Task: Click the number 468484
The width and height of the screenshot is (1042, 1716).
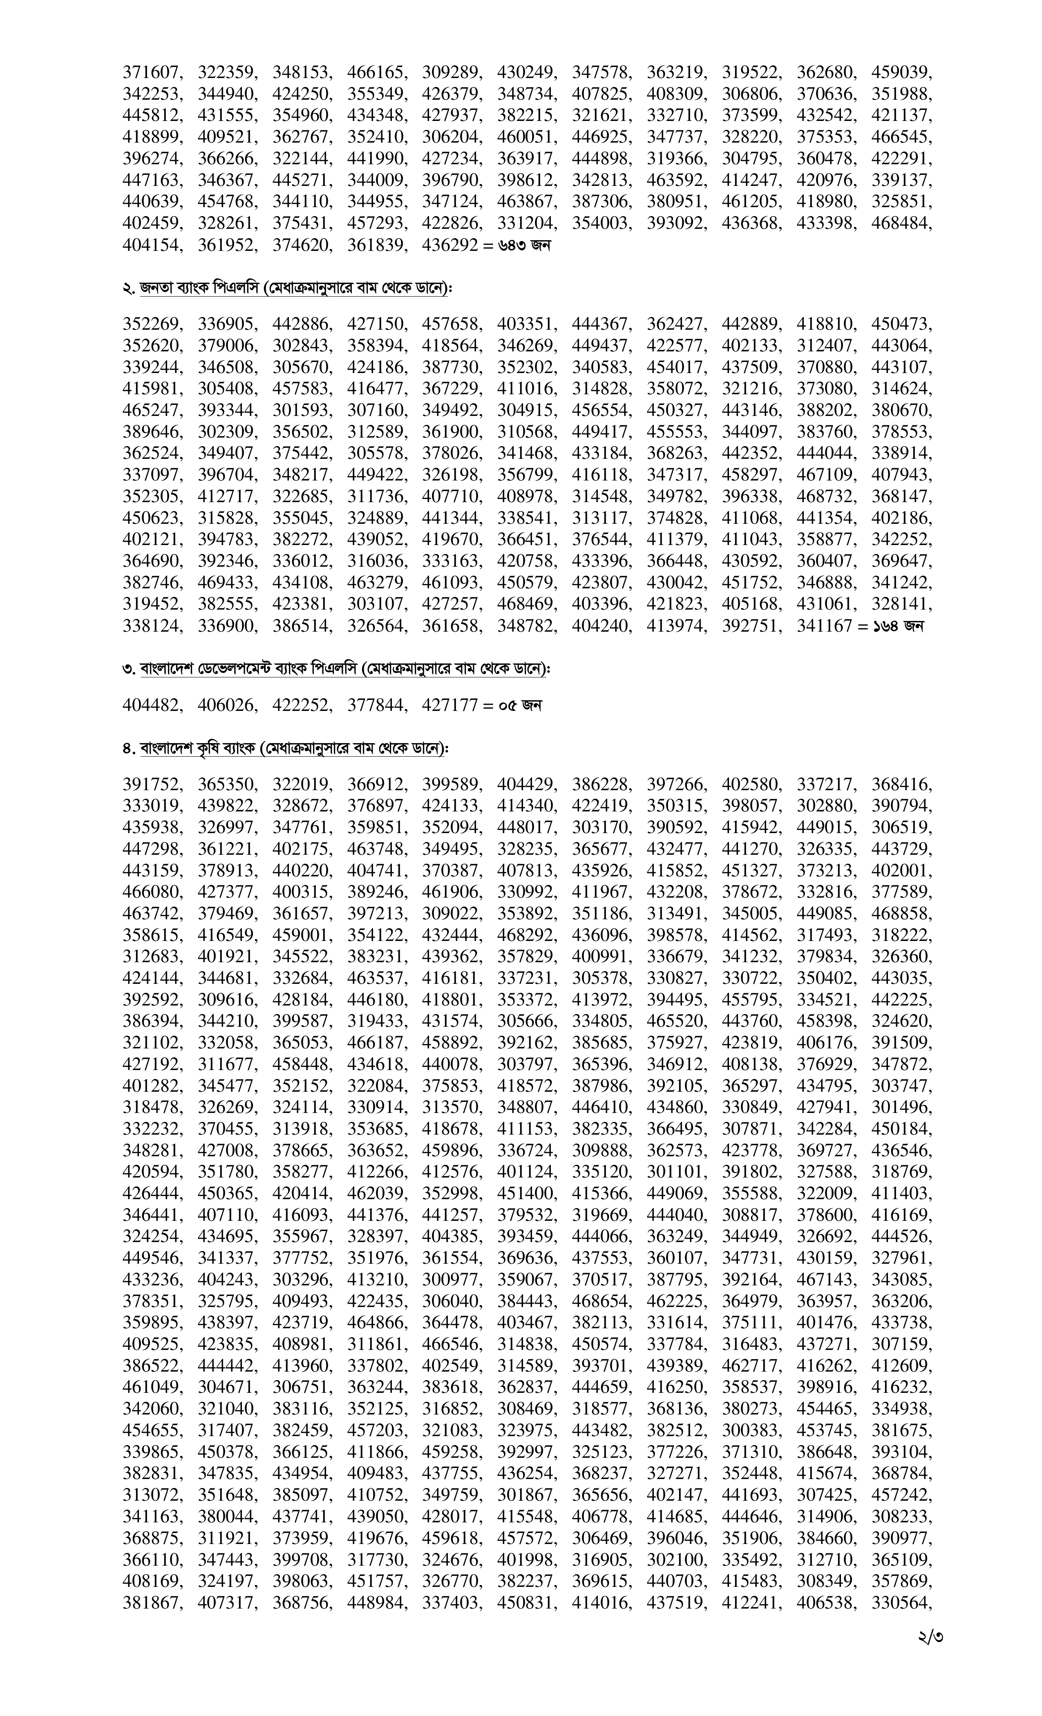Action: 901,224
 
